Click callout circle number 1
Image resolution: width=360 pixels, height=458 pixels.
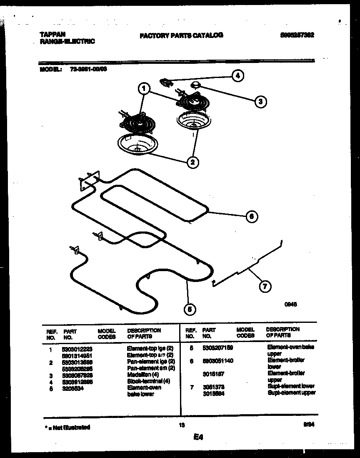pos(144,88)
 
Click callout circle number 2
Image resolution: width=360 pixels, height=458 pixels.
pos(192,162)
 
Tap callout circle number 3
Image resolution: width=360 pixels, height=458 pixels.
pos(260,101)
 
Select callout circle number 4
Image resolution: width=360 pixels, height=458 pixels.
pos(237,75)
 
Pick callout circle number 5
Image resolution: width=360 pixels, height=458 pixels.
pos(190,309)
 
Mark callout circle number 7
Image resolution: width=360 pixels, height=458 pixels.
pos(264,286)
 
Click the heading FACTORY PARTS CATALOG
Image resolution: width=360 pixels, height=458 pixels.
pos(181,35)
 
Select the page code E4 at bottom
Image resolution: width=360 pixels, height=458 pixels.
pos(198,437)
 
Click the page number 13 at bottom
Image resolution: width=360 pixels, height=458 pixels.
pos(181,425)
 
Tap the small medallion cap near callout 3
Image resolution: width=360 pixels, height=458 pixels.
pos(195,85)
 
